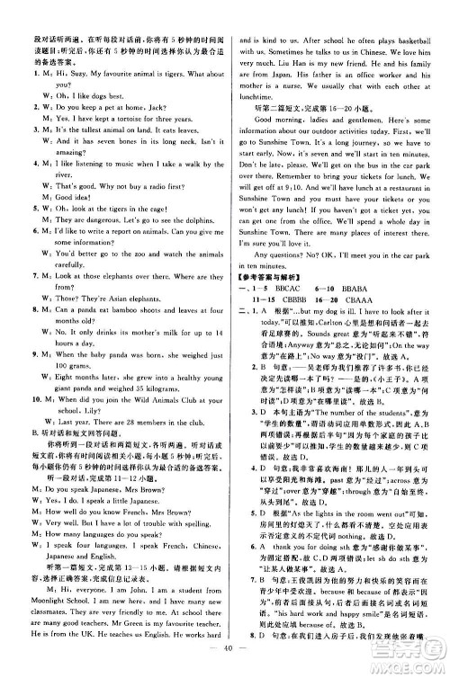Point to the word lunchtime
click(x=259, y=116)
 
